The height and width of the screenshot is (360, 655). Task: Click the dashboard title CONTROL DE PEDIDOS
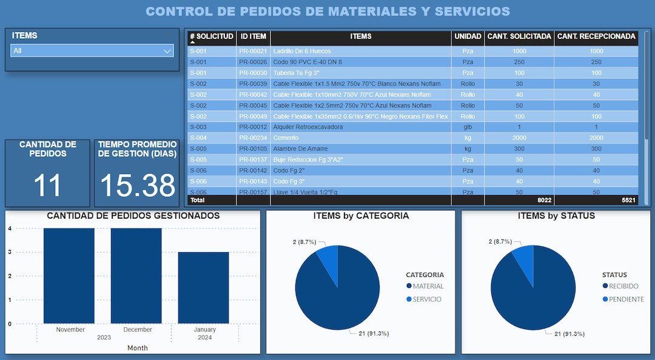pos(327,12)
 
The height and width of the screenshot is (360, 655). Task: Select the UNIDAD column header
pos(468,36)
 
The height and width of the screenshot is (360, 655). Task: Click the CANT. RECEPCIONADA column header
pos(596,36)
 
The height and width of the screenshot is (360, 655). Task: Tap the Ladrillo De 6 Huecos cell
pos(302,52)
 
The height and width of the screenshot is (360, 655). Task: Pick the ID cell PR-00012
pos(253,127)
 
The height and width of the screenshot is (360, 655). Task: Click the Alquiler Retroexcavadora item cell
pos(307,127)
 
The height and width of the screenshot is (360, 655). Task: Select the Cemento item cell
pos(286,138)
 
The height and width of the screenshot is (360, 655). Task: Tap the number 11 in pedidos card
pos(47,185)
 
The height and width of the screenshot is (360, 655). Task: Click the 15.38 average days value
pos(137,185)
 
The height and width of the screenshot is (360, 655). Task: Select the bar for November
pos(69,276)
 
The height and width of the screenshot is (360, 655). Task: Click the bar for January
pos(204,288)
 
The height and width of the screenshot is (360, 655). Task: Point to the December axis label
pos(137,330)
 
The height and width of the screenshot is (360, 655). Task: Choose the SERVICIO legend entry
pos(427,299)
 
